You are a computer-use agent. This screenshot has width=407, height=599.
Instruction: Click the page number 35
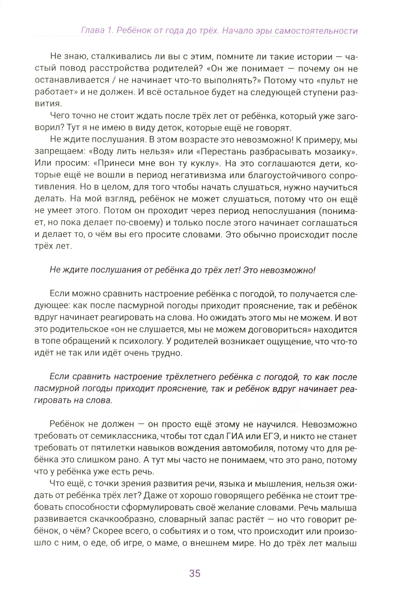[195, 573]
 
